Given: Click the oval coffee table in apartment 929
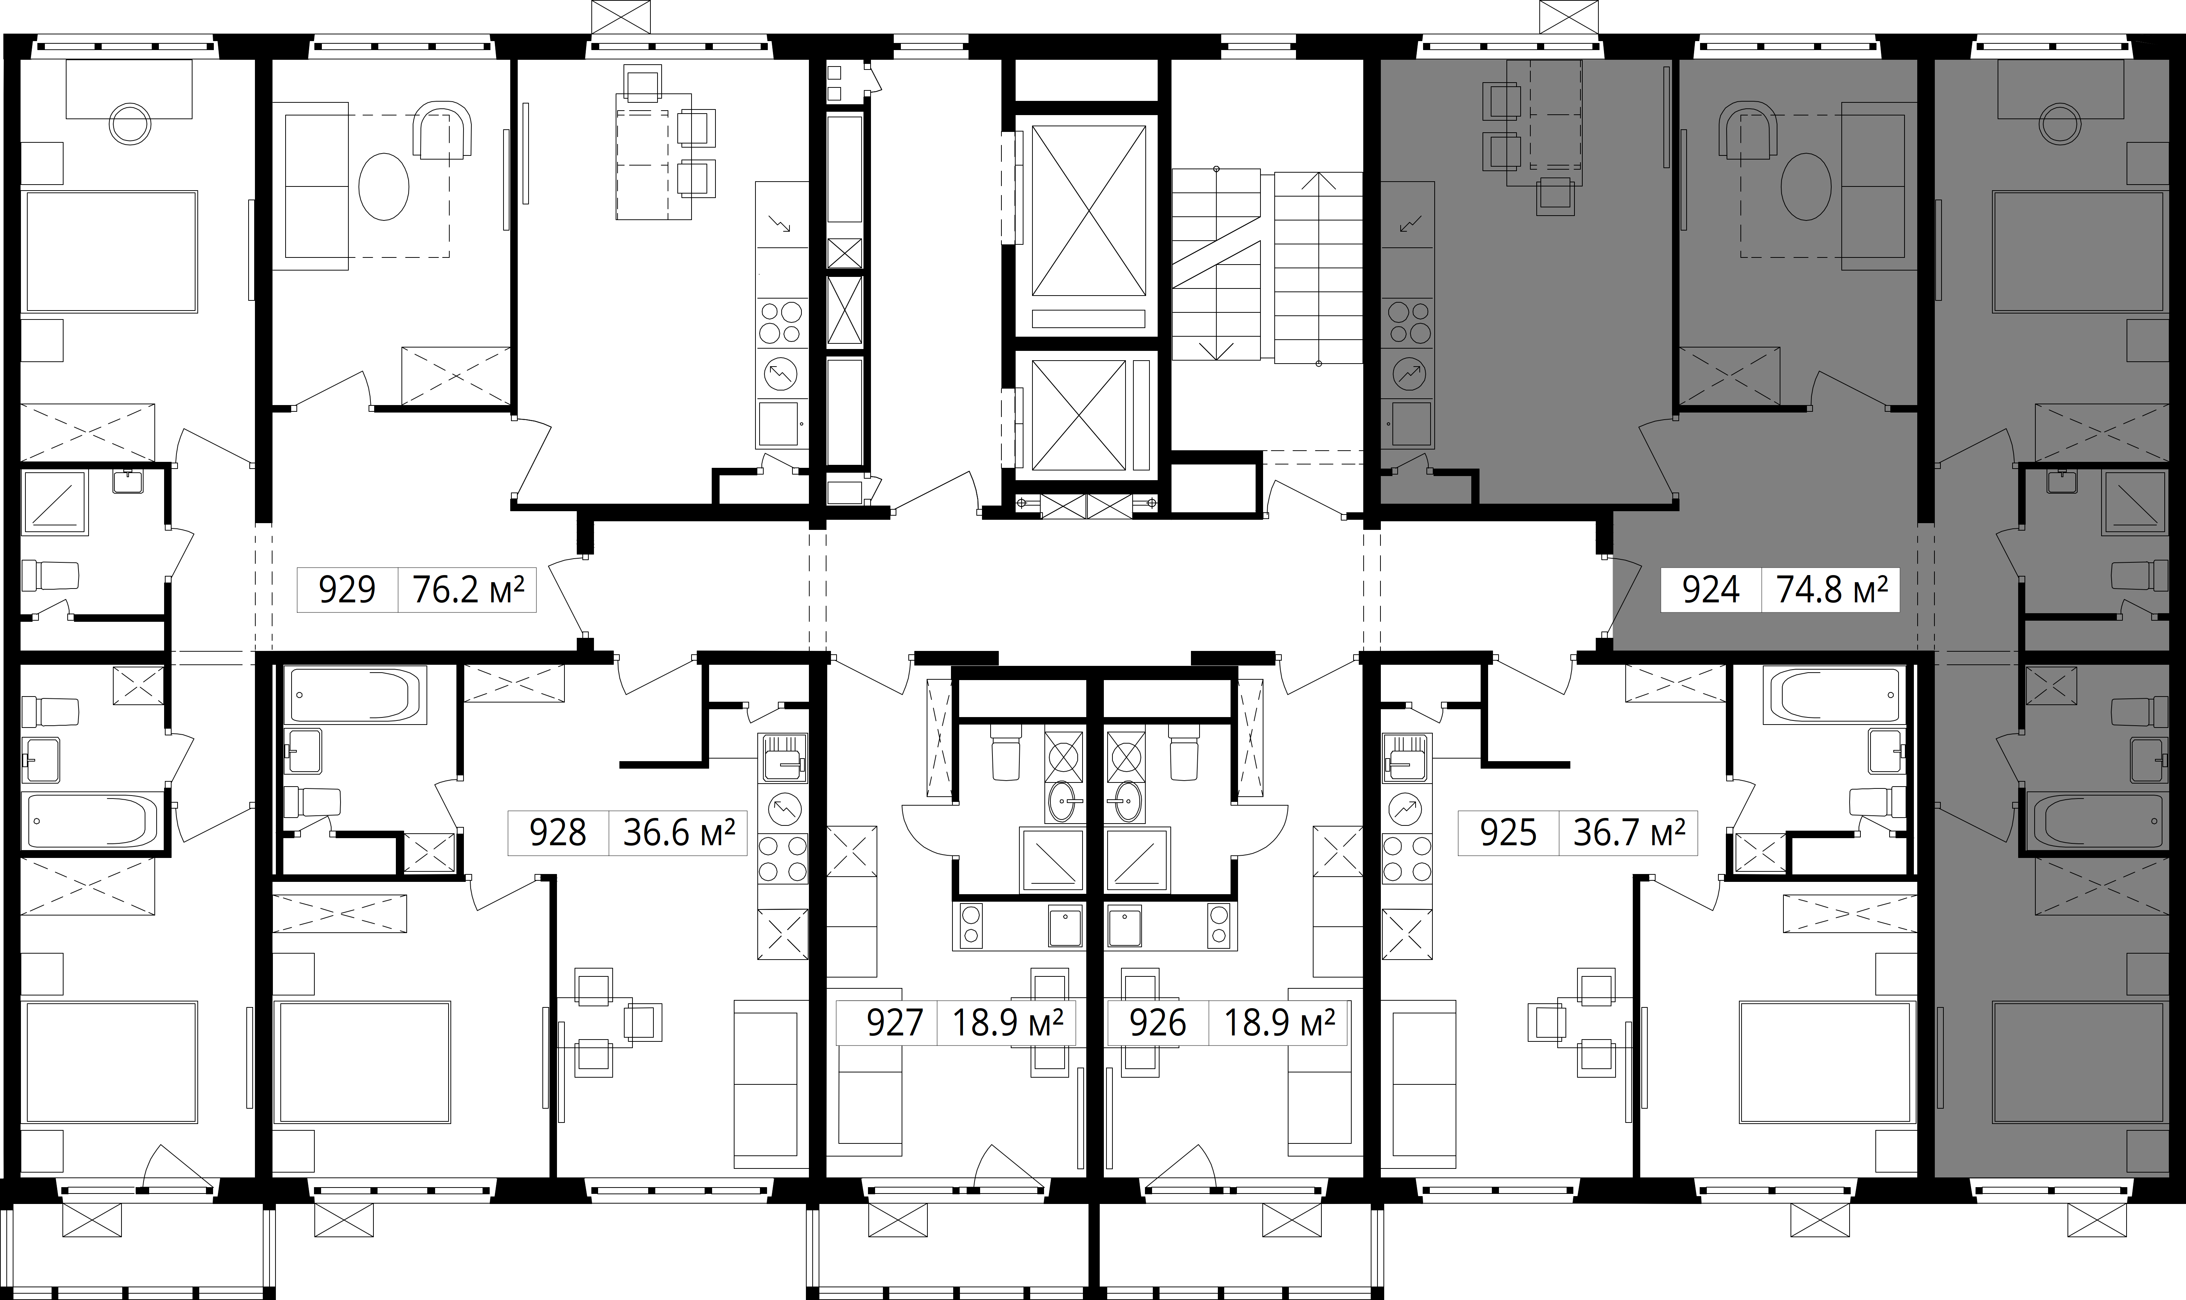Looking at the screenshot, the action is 384,186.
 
